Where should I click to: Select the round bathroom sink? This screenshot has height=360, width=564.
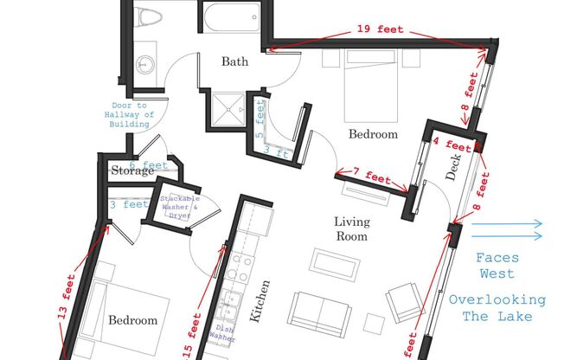(145, 65)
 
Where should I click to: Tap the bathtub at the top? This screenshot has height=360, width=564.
(232, 17)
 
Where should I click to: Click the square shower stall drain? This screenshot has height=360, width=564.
(228, 109)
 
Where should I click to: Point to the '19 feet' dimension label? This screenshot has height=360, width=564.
(380, 29)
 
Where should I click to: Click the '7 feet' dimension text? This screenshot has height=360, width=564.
(372, 176)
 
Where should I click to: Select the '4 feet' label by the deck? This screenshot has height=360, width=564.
(452, 145)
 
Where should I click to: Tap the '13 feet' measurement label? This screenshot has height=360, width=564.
(67, 297)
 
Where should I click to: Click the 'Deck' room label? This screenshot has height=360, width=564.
(453, 167)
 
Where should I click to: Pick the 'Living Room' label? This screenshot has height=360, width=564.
(352, 229)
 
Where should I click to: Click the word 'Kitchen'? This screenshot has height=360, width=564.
(260, 301)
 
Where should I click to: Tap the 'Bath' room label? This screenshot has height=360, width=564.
(234, 61)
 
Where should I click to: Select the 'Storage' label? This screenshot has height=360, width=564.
(132, 170)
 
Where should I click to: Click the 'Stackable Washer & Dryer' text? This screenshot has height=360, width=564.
(180, 207)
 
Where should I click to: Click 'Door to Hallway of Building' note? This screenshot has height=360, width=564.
(129, 115)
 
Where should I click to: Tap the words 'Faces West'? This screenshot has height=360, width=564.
(497, 266)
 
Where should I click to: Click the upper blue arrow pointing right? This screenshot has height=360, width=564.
(506, 224)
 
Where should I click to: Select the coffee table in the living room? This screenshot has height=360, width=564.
(335, 265)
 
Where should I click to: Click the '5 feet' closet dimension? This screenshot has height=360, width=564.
(260, 119)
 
